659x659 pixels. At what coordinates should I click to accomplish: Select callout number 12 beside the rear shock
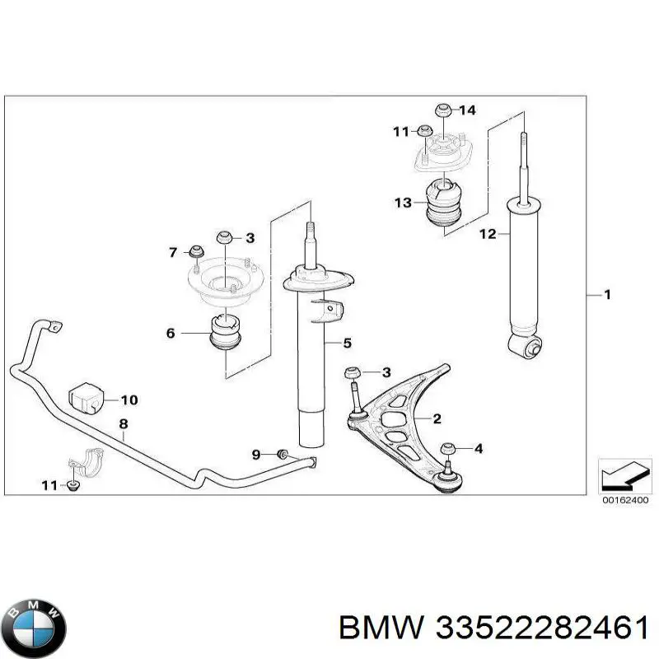tap(488, 234)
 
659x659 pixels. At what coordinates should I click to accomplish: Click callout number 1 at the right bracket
tap(608, 295)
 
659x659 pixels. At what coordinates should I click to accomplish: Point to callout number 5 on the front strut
tap(347, 342)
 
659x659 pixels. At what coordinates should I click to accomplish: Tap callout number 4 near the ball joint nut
tap(479, 449)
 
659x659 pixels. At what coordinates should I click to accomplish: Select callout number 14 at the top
tap(467, 110)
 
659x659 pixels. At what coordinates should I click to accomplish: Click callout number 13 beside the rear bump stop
tap(402, 203)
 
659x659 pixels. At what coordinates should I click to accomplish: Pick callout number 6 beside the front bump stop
tap(171, 334)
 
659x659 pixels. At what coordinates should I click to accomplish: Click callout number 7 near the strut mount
tap(173, 251)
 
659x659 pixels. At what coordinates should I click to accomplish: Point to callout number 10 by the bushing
tap(129, 401)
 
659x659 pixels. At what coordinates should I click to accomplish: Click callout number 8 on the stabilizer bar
tap(123, 425)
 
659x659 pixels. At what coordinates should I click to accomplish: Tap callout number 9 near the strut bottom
tap(256, 454)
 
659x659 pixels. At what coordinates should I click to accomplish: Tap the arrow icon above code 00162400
tap(623, 477)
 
